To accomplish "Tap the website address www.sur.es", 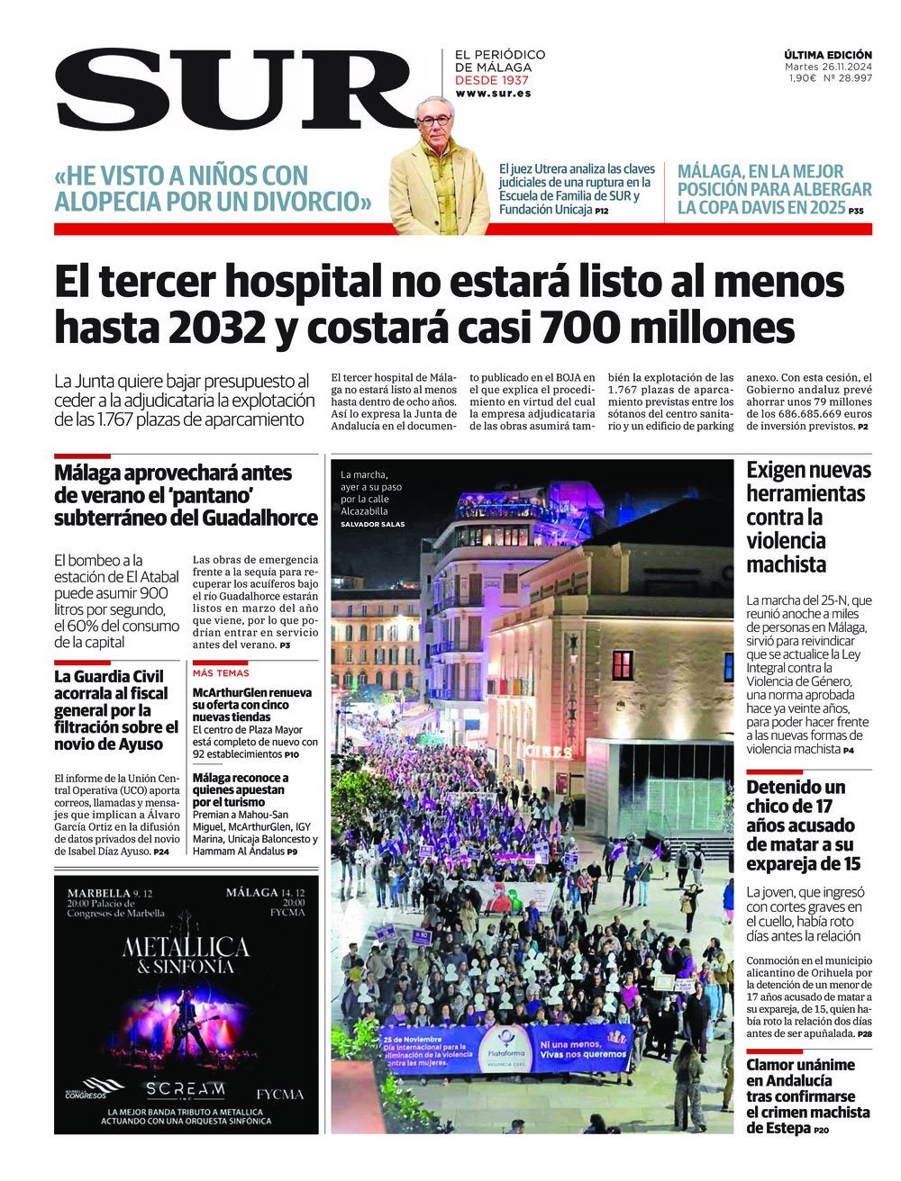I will pos(492,94).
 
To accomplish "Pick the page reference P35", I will pos(856,212).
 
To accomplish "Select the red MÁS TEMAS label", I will pos(221,673).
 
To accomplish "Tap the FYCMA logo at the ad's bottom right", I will pos(279,1095).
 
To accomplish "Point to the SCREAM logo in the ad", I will pos(186,1089).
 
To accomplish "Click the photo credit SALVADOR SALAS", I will pos(372,524).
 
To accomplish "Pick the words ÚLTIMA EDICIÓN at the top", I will pos(827,55).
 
